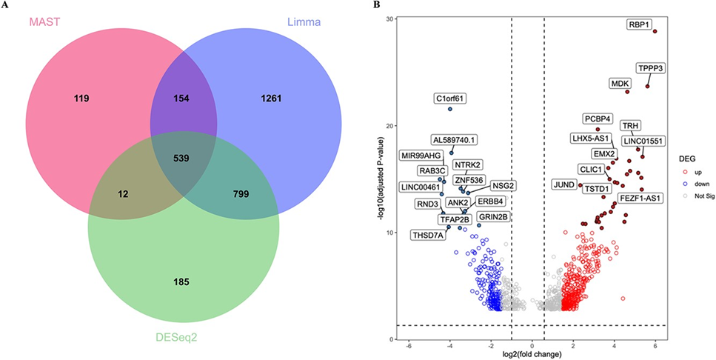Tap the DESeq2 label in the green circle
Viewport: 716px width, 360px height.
pyautogui.click(x=176, y=336)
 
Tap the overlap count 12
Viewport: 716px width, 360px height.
pyautogui.click(x=124, y=194)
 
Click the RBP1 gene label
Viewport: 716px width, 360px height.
pyautogui.click(x=639, y=24)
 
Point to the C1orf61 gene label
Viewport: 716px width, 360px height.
pyautogui.click(x=450, y=97)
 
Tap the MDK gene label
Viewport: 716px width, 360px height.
pyautogui.click(x=620, y=83)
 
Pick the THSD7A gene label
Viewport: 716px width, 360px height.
pyautogui.click(x=429, y=235)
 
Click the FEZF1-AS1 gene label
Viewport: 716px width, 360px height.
pyautogui.click(x=641, y=198)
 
